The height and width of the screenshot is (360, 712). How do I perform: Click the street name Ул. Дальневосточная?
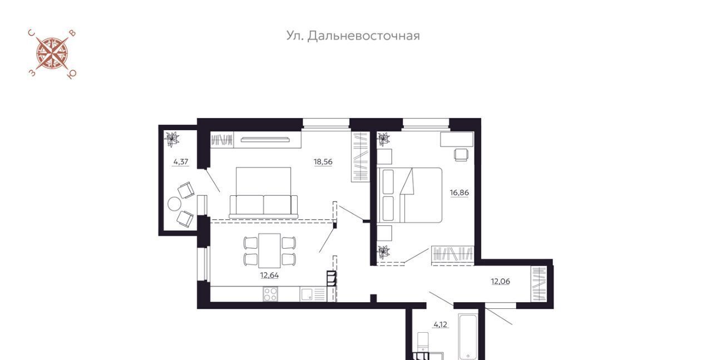(x=353, y=36)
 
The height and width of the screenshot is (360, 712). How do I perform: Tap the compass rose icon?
(x=52, y=54)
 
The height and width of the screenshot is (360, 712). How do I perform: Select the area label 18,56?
(x=323, y=162)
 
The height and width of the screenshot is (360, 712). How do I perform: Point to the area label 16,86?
(x=459, y=193)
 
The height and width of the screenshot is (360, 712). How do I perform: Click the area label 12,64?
(x=269, y=275)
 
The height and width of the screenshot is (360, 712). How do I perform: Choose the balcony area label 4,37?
(x=181, y=162)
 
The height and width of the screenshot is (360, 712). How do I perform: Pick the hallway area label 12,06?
(x=500, y=282)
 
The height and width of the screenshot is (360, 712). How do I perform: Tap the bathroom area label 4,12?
(x=441, y=325)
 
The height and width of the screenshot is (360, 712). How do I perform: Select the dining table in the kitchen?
(x=269, y=250)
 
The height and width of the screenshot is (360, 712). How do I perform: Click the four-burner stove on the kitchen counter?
(x=270, y=294)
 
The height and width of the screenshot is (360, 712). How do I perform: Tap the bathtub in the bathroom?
(x=468, y=337)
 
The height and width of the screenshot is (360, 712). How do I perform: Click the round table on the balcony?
(x=174, y=204)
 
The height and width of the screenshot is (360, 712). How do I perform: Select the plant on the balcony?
(x=172, y=139)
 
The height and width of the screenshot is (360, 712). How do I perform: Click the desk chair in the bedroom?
(x=461, y=155)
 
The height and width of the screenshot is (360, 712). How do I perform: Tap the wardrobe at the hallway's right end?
(x=538, y=284)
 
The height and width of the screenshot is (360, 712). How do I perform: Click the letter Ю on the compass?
(x=72, y=75)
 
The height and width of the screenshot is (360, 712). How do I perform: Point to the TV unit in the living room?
(x=265, y=139)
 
